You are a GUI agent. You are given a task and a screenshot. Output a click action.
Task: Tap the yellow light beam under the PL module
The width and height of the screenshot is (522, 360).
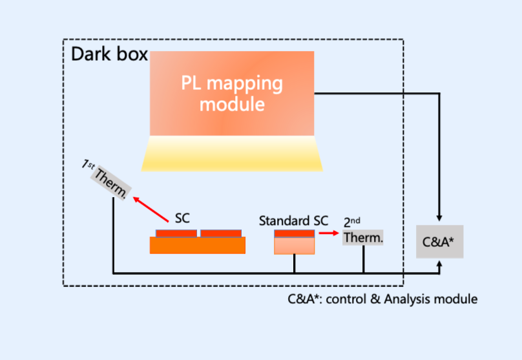(x=232, y=154)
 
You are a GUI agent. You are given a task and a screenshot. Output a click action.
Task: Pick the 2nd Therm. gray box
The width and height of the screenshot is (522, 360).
(x=363, y=237)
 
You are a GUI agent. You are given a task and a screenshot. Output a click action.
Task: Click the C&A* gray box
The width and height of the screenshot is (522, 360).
(x=439, y=242)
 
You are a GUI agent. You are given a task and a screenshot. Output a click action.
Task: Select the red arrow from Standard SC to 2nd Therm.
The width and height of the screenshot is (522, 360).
(x=329, y=233)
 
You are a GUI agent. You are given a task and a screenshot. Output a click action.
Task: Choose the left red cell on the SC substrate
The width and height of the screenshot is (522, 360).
(x=176, y=233)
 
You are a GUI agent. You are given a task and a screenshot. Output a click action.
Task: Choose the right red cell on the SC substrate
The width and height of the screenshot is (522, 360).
(x=221, y=233)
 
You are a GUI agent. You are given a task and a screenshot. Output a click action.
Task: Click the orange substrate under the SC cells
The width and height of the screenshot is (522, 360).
(x=198, y=246)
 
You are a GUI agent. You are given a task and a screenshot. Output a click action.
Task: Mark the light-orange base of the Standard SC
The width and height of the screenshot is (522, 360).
(x=295, y=246)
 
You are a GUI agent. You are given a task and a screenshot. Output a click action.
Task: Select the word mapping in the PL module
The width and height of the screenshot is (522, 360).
(x=249, y=84)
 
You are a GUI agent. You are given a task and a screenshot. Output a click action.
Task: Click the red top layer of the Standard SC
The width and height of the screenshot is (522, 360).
(x=295, y=233)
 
